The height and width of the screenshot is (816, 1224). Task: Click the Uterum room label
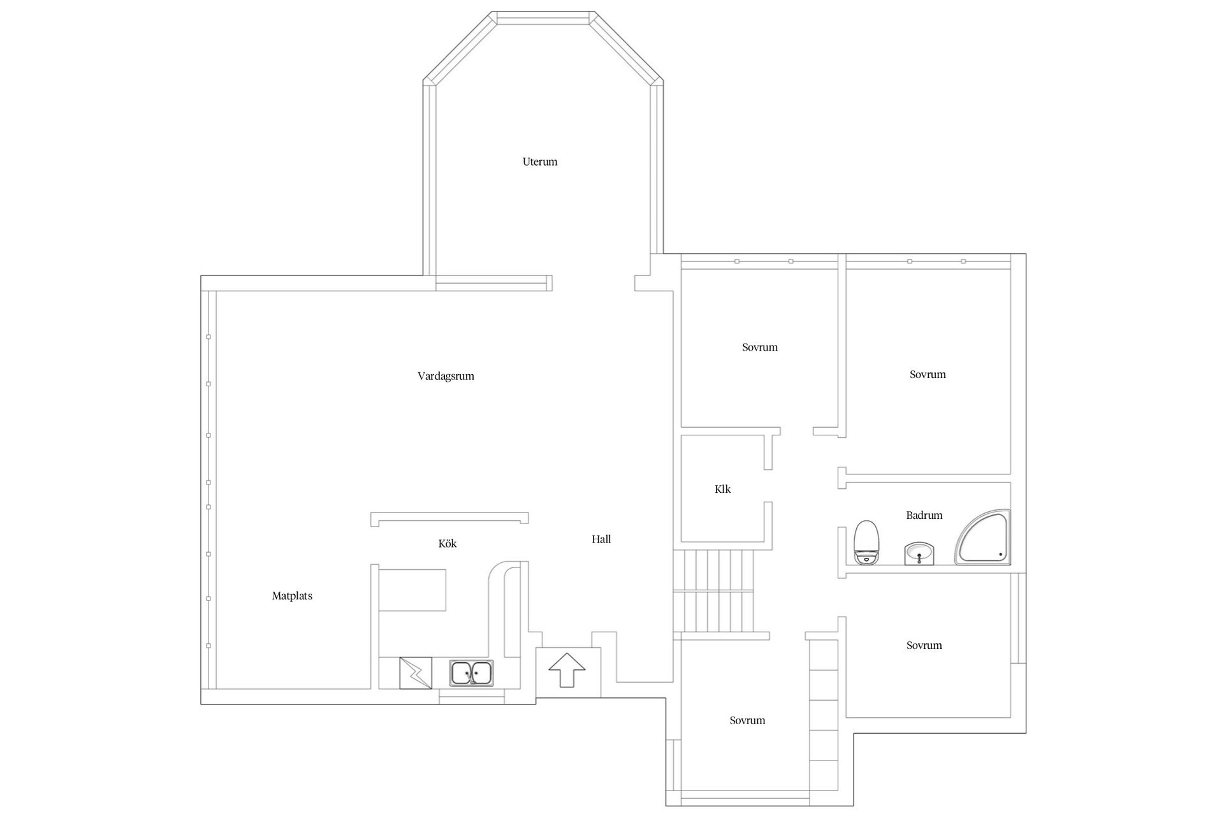540,162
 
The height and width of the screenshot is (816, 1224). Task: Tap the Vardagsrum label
446,376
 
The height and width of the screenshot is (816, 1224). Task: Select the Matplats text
292,596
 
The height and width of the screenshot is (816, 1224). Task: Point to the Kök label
448,544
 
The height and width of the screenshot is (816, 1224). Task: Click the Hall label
601,539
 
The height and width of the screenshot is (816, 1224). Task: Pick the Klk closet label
723,489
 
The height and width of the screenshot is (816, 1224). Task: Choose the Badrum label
924,515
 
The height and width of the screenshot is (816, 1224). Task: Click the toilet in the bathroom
867,543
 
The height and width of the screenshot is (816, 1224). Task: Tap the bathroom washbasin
919,553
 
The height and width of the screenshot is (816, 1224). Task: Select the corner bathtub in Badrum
983,537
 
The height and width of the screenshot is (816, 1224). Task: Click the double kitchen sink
471,673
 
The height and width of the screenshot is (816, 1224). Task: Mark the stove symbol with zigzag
416,673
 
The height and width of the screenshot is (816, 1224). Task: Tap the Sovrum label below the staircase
747,721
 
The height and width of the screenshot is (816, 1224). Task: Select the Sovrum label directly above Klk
760,347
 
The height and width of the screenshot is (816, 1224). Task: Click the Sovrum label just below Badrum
924,646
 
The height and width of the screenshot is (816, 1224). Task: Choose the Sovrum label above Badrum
928,374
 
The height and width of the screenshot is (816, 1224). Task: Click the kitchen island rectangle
412,590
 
